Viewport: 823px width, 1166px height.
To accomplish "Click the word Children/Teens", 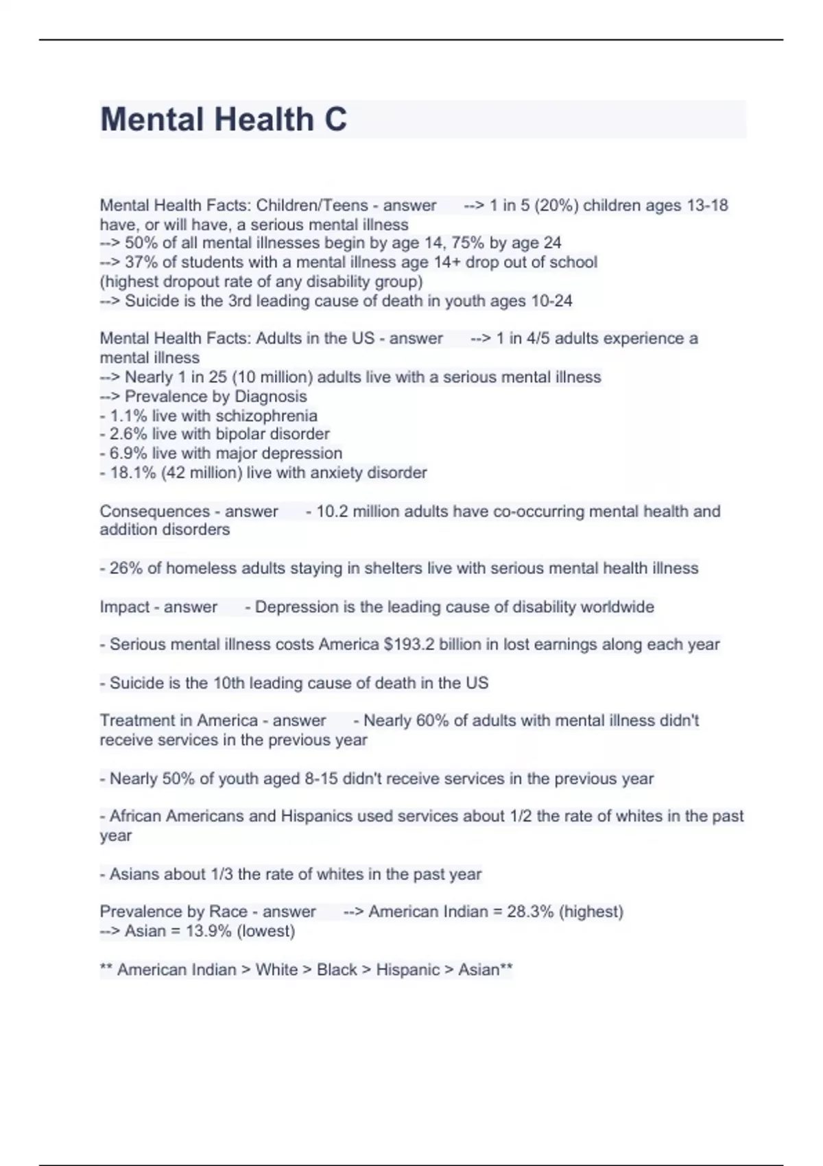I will coord(312,205).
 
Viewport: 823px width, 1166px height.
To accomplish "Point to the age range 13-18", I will coord(707,205).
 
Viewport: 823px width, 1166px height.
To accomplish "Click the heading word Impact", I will coord(124,607).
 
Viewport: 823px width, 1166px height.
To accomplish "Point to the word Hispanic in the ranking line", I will coord(407,969).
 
